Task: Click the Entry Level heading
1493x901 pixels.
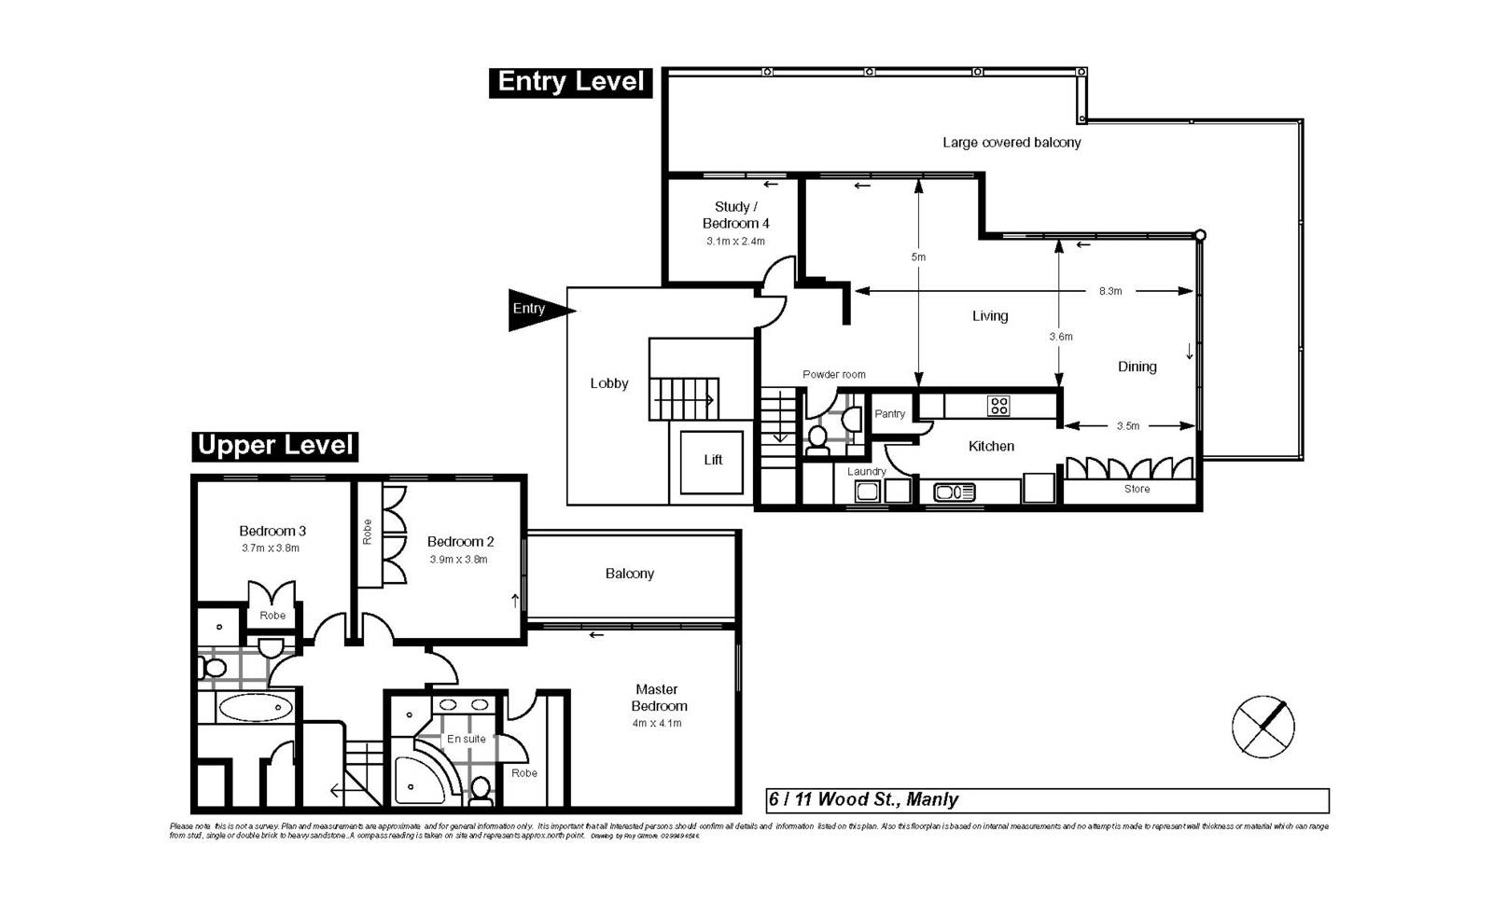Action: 570,82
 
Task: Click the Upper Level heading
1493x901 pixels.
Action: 275,446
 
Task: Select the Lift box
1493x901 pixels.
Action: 712,461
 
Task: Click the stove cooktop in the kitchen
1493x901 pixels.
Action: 998,406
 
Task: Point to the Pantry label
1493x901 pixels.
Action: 889,414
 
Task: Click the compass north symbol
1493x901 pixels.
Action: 1263,726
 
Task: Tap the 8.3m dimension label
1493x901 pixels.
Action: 1109,291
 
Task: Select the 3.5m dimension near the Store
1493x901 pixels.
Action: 1127,426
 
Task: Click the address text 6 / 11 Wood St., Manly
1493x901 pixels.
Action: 863,800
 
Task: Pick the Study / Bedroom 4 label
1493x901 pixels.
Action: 735,215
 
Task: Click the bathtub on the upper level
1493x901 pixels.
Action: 254,708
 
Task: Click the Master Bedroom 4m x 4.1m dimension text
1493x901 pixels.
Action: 656,724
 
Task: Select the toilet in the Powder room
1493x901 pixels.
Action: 817,439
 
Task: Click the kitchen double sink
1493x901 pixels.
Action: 954,492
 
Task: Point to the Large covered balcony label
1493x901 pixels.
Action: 1012,143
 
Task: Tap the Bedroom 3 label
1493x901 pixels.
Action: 272,531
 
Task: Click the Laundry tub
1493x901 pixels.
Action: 868,492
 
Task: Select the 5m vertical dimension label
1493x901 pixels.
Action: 918,256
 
